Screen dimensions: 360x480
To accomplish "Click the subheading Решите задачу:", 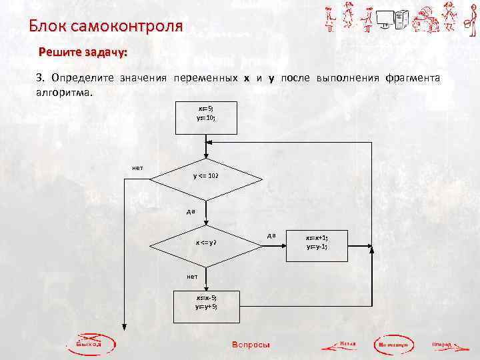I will click(83, 51).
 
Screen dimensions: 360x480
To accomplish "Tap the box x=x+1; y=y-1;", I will click(317, 242).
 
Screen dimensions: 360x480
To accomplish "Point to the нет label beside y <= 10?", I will click(137, 167).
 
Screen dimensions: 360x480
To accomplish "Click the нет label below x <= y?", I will click(193, 276).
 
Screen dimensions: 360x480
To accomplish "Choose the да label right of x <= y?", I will click(271, 235).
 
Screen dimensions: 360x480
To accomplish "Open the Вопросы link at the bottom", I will click(251, 345).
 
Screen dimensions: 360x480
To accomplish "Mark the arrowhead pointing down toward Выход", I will click(124, 326).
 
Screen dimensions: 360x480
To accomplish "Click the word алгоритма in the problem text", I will click(65, 92).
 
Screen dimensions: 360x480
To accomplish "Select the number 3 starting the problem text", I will click(39, 78).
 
